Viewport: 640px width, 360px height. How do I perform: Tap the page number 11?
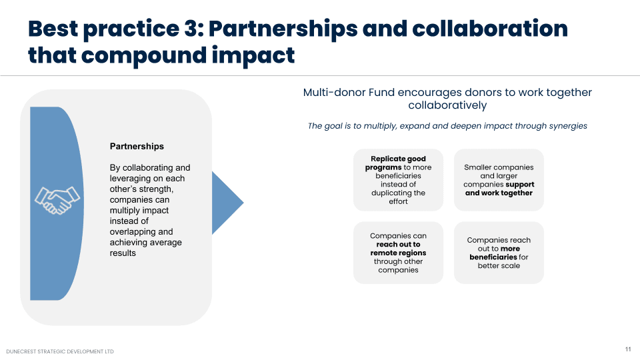pos(628,349)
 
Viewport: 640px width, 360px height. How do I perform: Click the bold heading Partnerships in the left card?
pos(137,147)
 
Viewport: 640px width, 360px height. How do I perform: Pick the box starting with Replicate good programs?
pos(398,180)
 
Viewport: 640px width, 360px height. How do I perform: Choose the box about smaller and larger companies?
pos(499,180)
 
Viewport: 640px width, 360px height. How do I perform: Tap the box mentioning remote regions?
pos(398,253)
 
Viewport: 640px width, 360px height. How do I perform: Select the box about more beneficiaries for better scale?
pos(499,253)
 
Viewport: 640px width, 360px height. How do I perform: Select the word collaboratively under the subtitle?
pos(447,105)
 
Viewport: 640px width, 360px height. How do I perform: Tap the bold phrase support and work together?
pos(499,189)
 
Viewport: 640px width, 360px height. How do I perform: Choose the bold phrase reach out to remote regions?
pos(398,249)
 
